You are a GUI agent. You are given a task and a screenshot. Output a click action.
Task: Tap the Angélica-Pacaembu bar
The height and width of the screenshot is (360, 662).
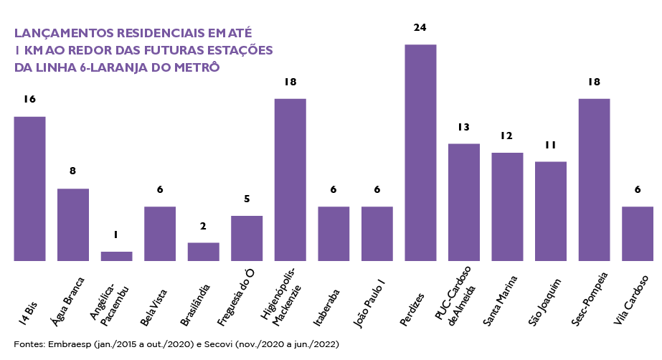coord(116,256)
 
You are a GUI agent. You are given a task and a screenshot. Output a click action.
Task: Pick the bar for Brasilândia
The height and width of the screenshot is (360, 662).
coord(203,252)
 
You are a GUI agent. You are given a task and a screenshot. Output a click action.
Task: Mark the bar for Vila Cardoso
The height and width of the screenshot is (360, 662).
coord(637,234)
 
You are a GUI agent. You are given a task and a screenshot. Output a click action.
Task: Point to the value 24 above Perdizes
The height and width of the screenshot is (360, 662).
coord(420,27)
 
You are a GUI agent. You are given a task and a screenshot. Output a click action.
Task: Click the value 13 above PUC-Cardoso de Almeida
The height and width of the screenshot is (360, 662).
coord(463,127)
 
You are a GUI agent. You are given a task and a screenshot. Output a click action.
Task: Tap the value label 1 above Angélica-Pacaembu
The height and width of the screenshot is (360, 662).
coord(116,235)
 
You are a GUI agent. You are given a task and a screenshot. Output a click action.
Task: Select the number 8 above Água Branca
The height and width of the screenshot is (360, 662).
coord(73,171)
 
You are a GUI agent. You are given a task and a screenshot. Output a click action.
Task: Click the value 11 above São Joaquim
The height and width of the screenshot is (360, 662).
coord(550,145)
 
